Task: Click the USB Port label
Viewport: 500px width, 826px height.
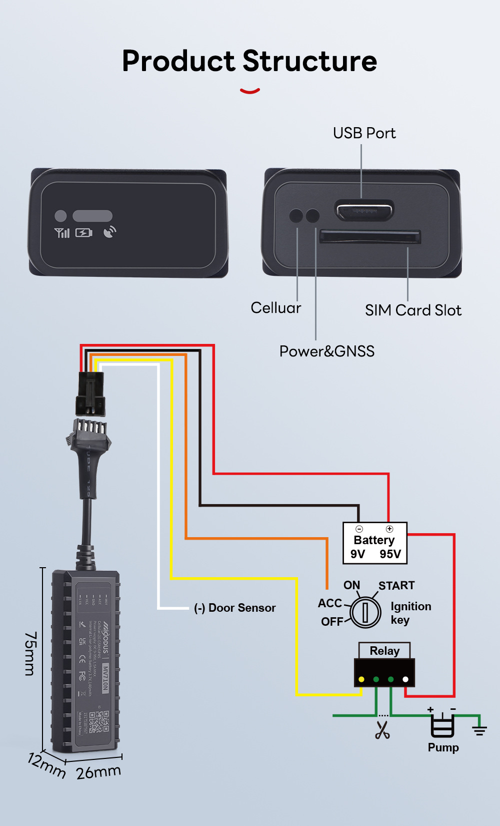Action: click(364, 133)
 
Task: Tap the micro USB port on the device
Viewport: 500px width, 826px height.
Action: click(364, 210)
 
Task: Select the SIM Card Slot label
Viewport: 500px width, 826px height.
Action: click(413, 310)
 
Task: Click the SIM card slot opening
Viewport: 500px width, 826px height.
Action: click(370, 236)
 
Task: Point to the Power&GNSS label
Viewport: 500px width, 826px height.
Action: click(326, 351)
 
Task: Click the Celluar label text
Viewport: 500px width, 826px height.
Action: click(276, 308)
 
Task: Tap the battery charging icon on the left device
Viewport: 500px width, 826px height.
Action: click(83, 233)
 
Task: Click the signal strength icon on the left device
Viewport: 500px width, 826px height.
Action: click(62, 233)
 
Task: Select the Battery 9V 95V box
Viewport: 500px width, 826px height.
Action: click(374, 543)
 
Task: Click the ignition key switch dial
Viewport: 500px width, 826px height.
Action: click(365, 611)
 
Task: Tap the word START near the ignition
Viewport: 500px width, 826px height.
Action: click(396, 586)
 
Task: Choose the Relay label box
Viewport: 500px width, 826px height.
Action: click(384, 651)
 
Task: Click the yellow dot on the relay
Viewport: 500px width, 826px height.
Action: click(361, 679)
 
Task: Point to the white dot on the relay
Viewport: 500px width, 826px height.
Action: click(405, 679)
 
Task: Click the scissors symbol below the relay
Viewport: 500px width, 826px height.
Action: click(382, 730)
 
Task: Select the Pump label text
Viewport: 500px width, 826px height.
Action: click(443, 747)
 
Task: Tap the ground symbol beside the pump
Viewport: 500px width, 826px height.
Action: click(479, 730)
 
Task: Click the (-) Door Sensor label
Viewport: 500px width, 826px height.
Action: click(234, 608)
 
